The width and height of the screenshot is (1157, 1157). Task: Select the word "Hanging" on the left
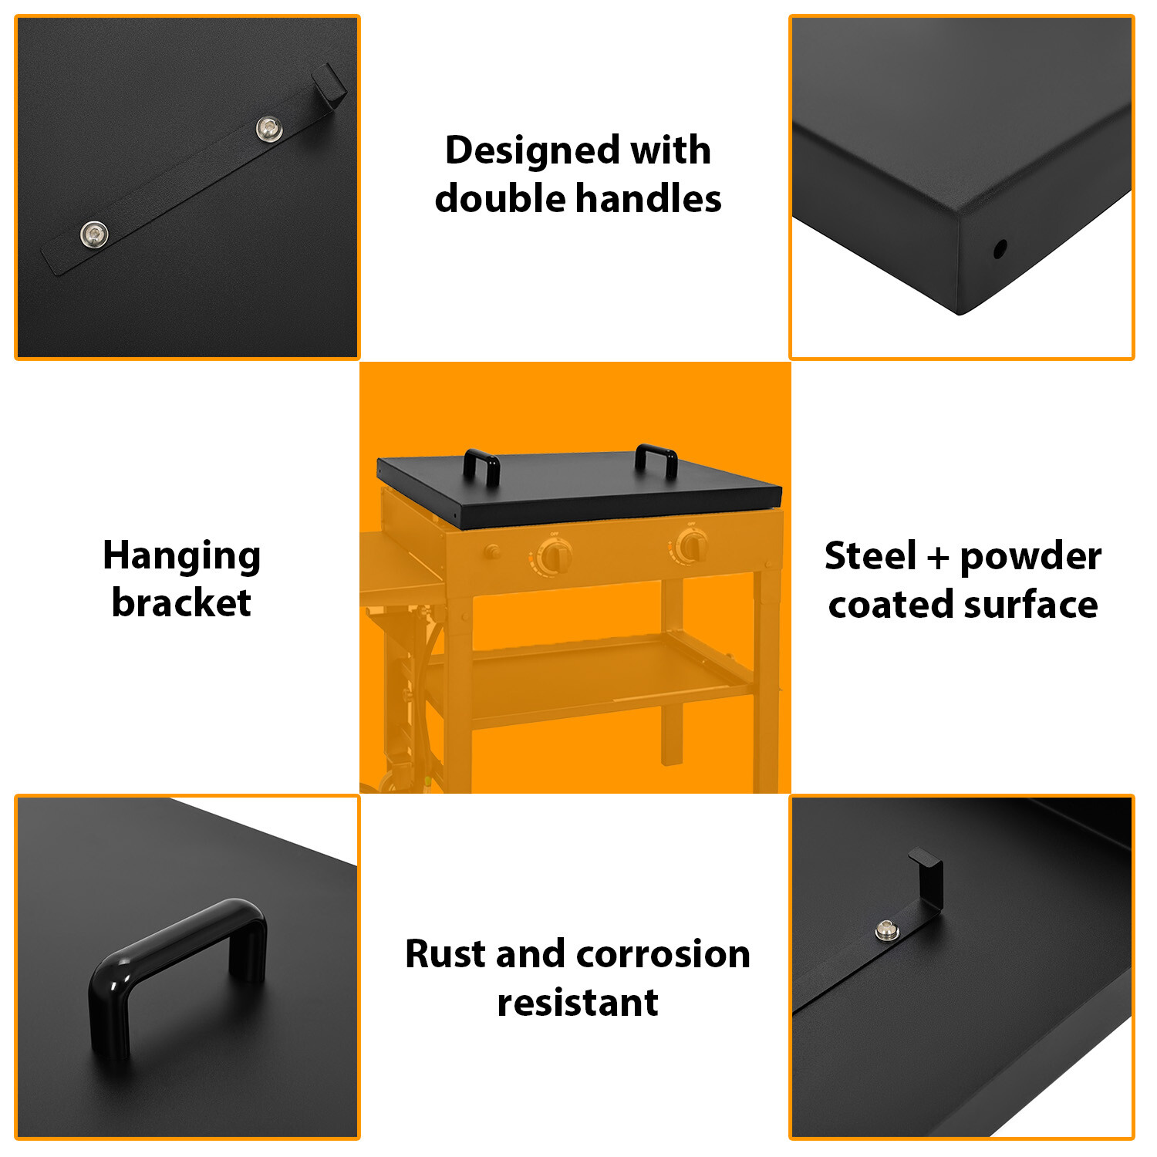[182, 557]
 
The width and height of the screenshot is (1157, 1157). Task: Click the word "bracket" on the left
[181, 603]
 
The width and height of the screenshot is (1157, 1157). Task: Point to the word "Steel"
[870, 556]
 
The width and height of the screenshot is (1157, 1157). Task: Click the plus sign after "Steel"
[938, 558]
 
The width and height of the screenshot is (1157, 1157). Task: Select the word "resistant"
[578, 1003]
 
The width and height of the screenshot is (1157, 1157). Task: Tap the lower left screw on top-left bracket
[94, 234]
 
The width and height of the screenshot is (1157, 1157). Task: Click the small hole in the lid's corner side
[1000, 249]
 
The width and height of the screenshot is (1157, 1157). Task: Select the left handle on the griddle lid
[481, 466]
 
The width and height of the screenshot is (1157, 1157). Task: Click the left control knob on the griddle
[554, 556]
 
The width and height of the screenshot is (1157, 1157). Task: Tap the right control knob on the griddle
[691, 546]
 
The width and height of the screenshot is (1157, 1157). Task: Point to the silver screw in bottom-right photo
[885, 930]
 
